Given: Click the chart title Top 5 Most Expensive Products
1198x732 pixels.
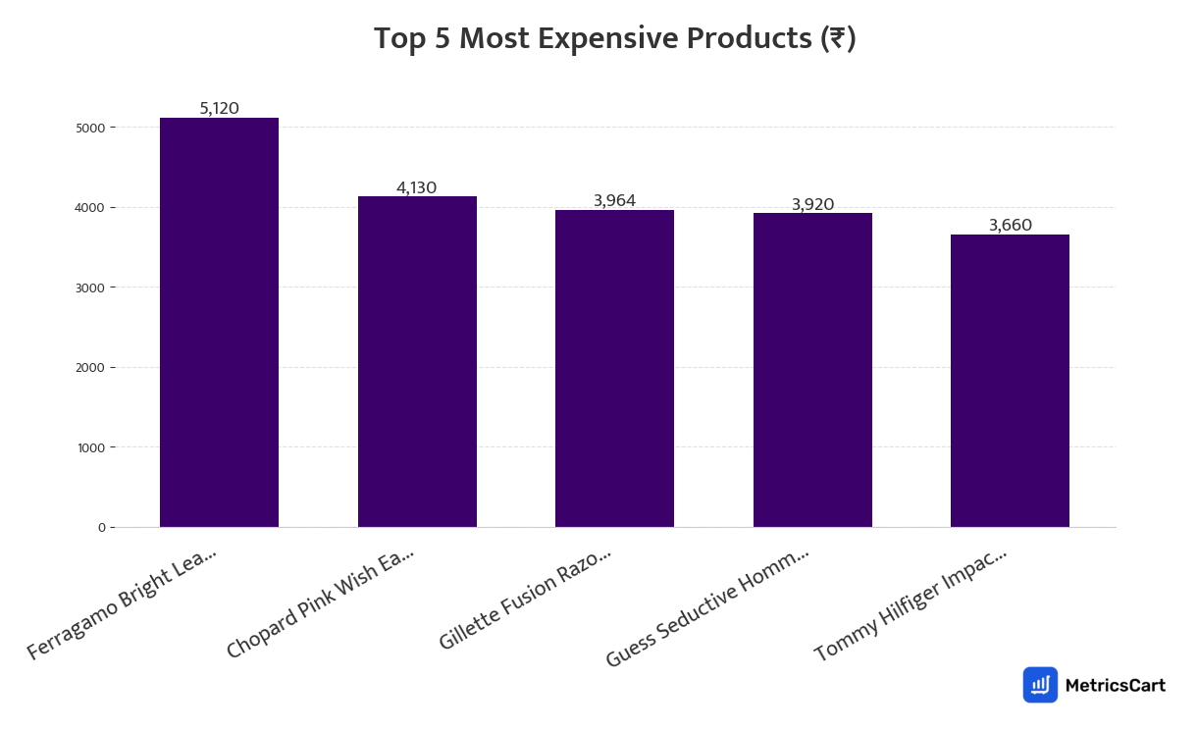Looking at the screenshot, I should pos(614,39).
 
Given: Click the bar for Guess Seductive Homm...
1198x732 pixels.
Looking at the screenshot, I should pos(812,370).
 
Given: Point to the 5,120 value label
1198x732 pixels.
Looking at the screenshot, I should pos(219,108).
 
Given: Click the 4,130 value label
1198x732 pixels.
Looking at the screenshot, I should pos(417,187).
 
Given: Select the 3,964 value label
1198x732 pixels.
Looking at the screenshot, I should pos(614,200).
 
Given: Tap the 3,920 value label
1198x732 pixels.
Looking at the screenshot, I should pos(812,204).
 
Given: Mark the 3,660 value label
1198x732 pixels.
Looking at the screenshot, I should pos(1010,225).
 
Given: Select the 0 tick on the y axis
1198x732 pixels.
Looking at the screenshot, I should pos(101,528).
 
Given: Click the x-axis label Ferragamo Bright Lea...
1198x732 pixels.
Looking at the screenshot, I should pos(122,603).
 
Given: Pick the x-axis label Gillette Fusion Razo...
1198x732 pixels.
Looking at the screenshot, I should pos(525,599).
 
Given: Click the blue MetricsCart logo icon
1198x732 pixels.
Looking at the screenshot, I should pos(1040,685).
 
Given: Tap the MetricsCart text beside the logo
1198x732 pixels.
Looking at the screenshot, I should pos(1115,685).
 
